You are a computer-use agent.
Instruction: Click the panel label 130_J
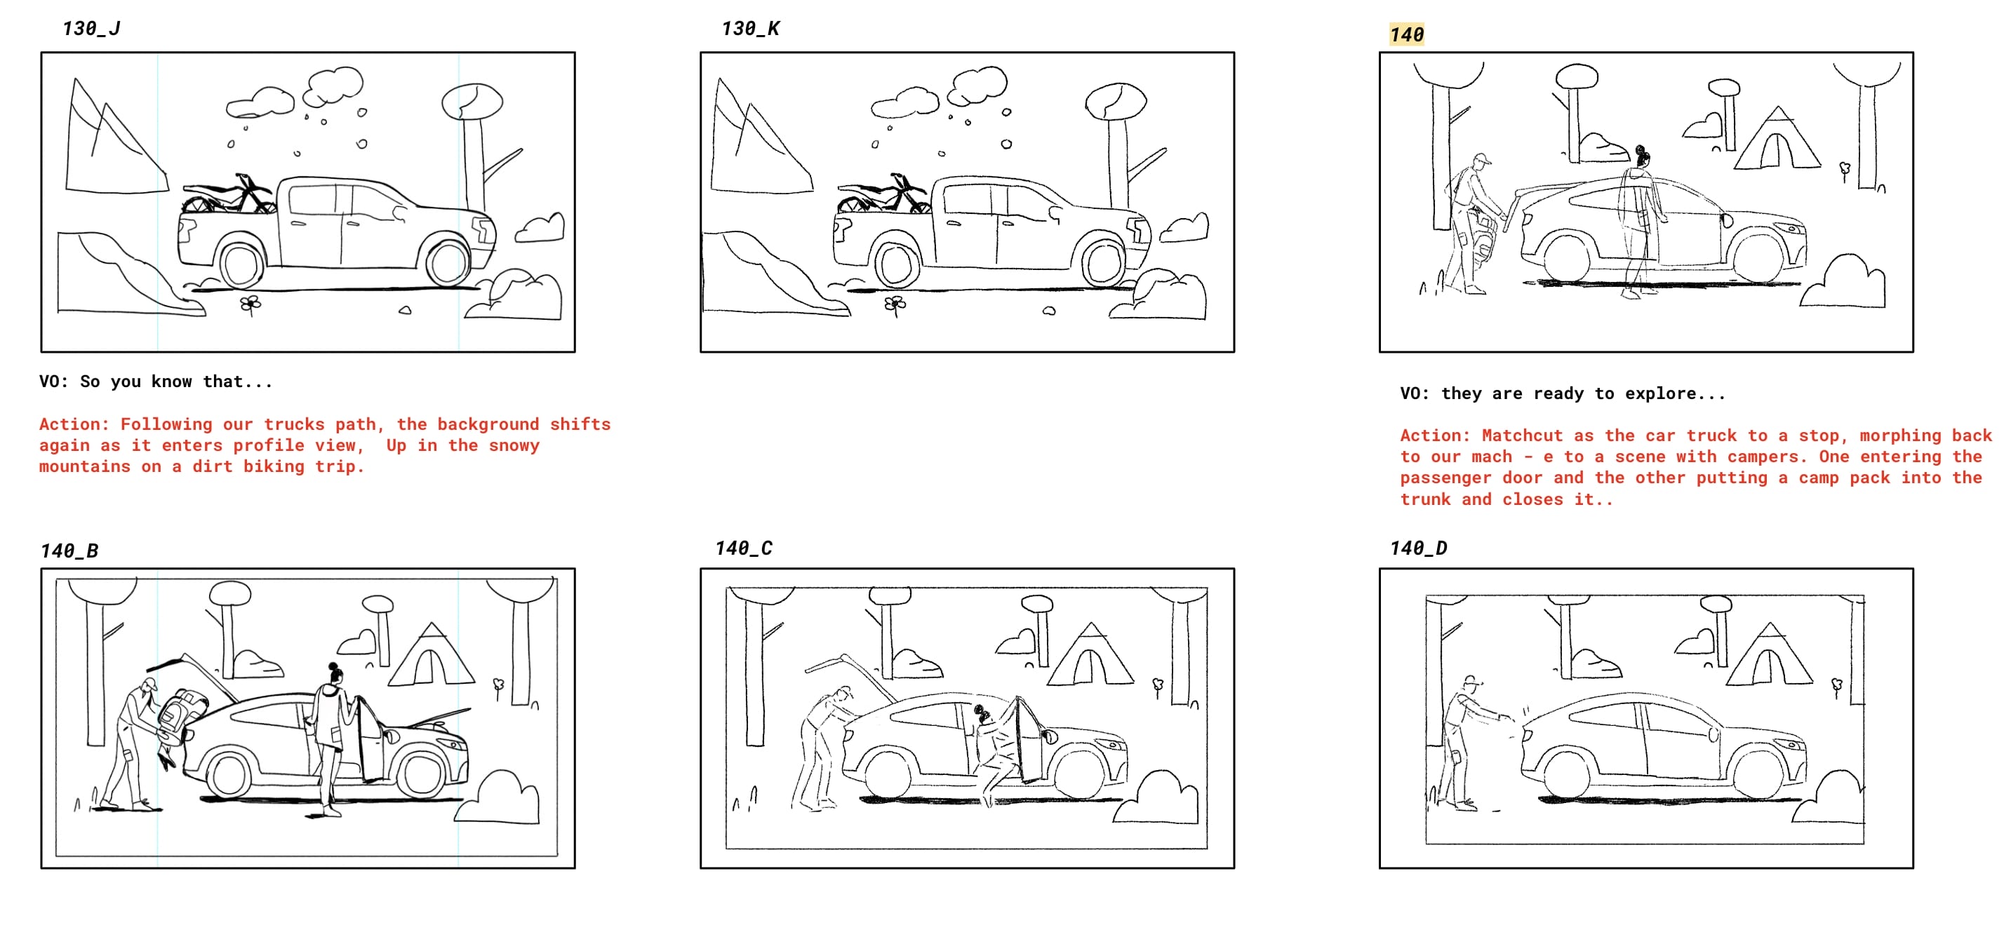(91, 29)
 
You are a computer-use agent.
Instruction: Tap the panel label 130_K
(750, 29)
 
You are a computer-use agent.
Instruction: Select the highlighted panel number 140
(1407, 34)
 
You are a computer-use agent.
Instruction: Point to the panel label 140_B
(69, 551)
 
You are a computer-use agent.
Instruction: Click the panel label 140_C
(744, 548)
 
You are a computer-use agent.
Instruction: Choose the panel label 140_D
(1418, 548)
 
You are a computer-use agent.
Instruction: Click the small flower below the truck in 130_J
(250, 304)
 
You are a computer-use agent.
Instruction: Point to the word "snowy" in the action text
(514, 445)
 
